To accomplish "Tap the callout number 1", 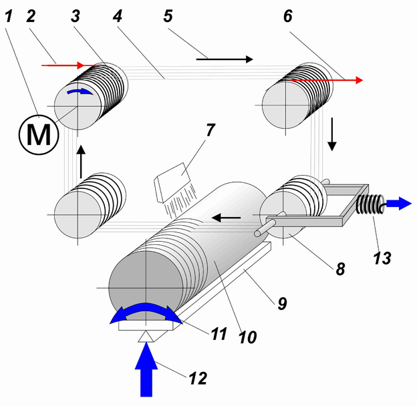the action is click(x=9, y=16).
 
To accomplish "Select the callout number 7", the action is click(x=210, y=130).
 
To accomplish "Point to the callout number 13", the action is click(x=382, y=258).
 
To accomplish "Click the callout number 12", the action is click(x=198, y=378).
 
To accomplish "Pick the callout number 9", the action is click(x=282, y=303).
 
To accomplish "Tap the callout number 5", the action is click(x=168, y=16).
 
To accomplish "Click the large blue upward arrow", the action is click(x=146, y=369).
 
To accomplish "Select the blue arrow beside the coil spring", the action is click(x=399, y=204).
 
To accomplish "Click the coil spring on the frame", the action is click(x=370, y=204).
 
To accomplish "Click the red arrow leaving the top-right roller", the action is click(x=327, y=79).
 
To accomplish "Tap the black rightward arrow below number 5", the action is click(x=225, y=59).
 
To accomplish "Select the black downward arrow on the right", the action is click(x=332, y=134).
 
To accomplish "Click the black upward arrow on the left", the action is click(x=81, y=162).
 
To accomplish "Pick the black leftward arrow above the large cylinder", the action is click(x=227, y=218).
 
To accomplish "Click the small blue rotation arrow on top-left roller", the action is click(x=80, y=91).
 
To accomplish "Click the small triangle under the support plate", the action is click(x=146, y=337).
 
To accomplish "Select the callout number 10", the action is click(x=247, y=337).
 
